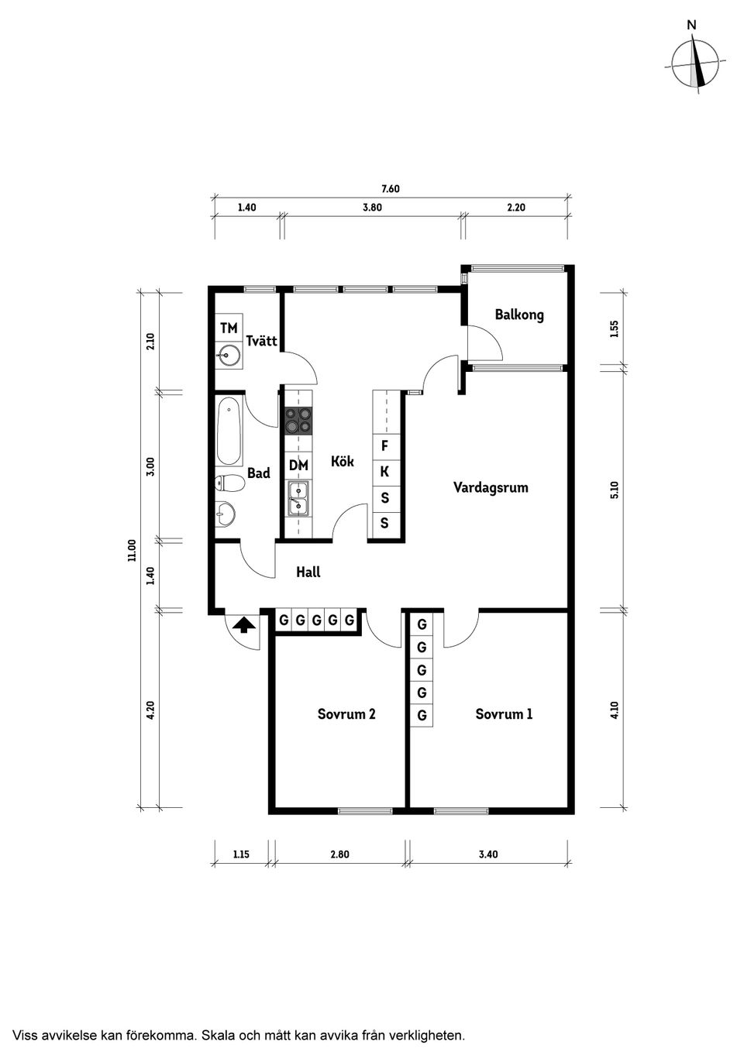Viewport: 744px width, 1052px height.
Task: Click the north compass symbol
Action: click(x=694, y=64)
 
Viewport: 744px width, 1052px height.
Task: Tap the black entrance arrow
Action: click(x=244, y=625)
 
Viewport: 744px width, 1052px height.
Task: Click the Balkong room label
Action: click(x=519, y=315)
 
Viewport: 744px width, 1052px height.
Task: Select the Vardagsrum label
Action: click(x=491, y=487)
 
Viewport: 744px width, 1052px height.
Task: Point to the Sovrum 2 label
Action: click(x=346, y=714)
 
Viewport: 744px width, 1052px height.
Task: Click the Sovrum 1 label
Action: click(x=504, y=714)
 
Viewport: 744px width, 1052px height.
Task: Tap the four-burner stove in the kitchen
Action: click(x=298, y=420)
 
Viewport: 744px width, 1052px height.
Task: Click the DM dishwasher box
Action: click(x=298, y=466)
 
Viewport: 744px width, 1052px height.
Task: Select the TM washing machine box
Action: click(x=229, y=328)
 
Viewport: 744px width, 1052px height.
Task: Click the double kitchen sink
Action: click(x=298, y=499)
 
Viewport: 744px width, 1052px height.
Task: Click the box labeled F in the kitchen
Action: click(x=384, y=445)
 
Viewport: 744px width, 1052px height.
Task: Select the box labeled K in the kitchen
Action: click(x=384, y=472)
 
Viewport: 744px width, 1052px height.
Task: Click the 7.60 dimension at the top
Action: click(x=391, y=189)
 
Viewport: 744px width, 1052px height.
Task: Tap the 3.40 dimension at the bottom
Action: click(x=488, y=854)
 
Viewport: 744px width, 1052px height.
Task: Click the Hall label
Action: click(x=308, y=572)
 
